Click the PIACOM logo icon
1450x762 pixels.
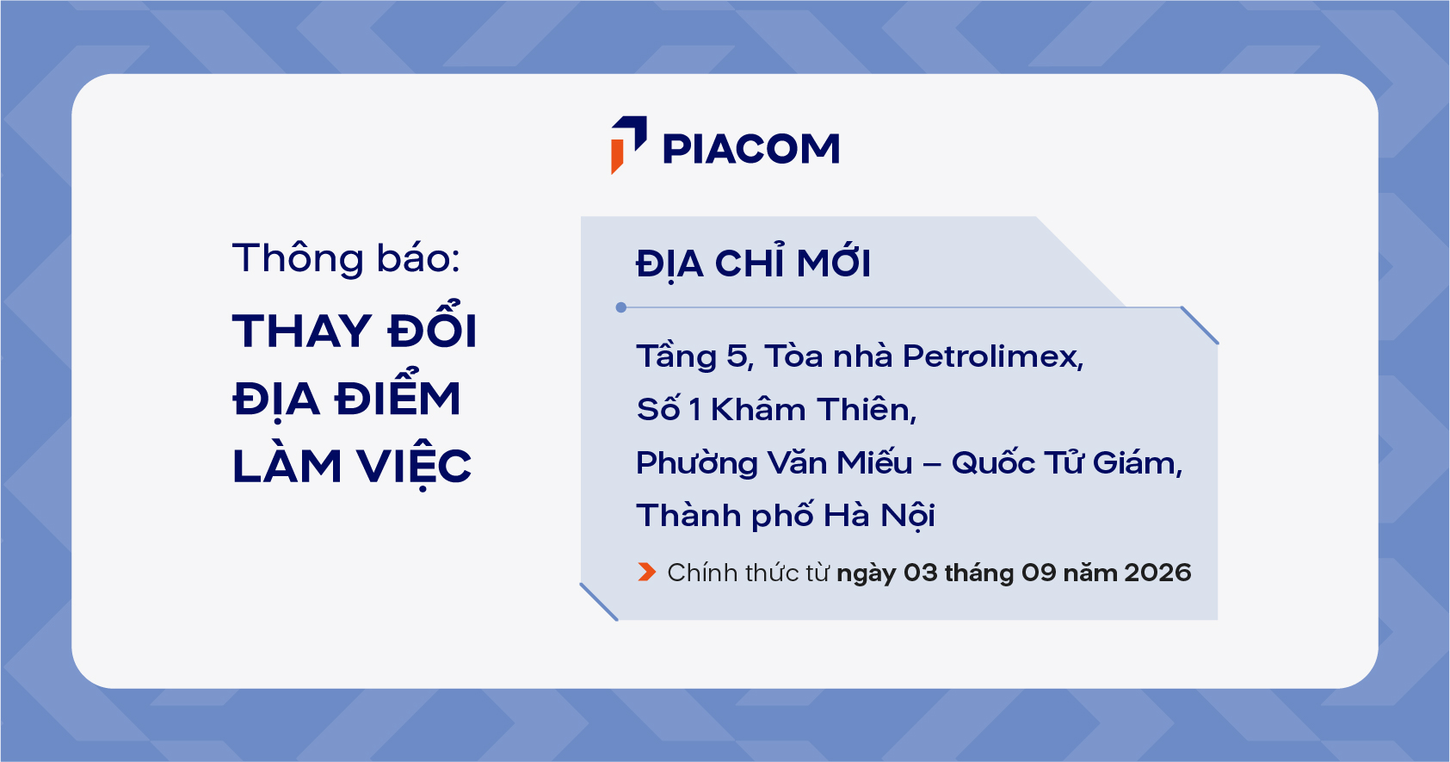(x=628, y=145)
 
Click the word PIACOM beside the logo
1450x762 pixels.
(x=751, y=148)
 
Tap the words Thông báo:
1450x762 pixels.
(x=346, y=258)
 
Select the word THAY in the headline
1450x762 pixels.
(x=302, y=331)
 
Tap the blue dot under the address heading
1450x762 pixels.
(x=620, y=307)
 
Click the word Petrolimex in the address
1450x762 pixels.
(x=992, y=357)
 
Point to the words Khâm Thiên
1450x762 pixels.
(x=814, y=410)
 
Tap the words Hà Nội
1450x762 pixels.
(x=879, y=515)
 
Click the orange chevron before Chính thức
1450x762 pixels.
(x=646, y=573)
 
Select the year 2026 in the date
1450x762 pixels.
(x=1157, y=573)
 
